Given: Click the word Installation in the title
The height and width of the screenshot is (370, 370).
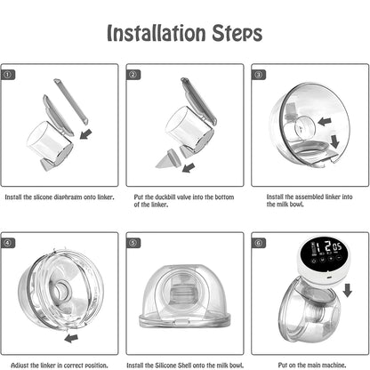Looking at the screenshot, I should (x=153, y=34).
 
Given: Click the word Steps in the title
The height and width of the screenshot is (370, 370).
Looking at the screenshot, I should (x=232, y=34).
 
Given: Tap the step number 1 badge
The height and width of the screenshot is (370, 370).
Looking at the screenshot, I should (x=9, y=74).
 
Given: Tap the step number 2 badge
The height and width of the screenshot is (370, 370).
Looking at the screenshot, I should (x=134, y=74).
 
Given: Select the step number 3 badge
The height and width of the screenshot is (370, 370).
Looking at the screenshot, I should (x=259, y=74).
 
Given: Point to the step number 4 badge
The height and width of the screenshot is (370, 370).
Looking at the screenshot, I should (x=9, y=242).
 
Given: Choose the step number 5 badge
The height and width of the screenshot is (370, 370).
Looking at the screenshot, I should (x=134, y=242).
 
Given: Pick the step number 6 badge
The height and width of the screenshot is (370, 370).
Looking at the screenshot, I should (x=259, y=242).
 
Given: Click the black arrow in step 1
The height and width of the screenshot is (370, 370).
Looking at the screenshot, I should (x=84, y=134).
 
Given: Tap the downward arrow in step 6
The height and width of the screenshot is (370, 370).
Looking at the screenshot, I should (x=347, y=291).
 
